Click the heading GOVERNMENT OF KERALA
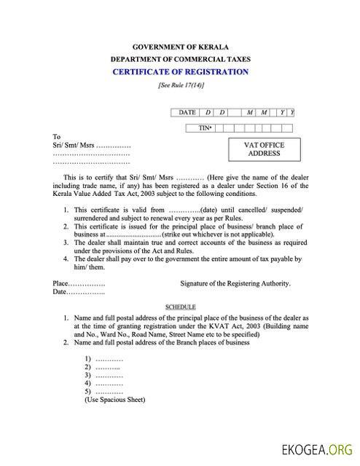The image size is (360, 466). click(180, 46)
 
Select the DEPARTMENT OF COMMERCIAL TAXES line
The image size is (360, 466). click(180, 58)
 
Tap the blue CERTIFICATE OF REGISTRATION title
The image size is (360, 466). click(180, 71)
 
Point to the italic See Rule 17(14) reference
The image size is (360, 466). click(180, 85)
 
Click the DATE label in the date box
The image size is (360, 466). click(187, 112)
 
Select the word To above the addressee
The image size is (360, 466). click(57, 137)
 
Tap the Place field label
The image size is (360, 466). click(62, 283)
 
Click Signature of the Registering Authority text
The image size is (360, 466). click(235, 283)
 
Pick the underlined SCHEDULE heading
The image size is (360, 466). click(180, 307)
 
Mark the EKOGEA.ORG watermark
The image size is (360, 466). click(318, 449)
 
